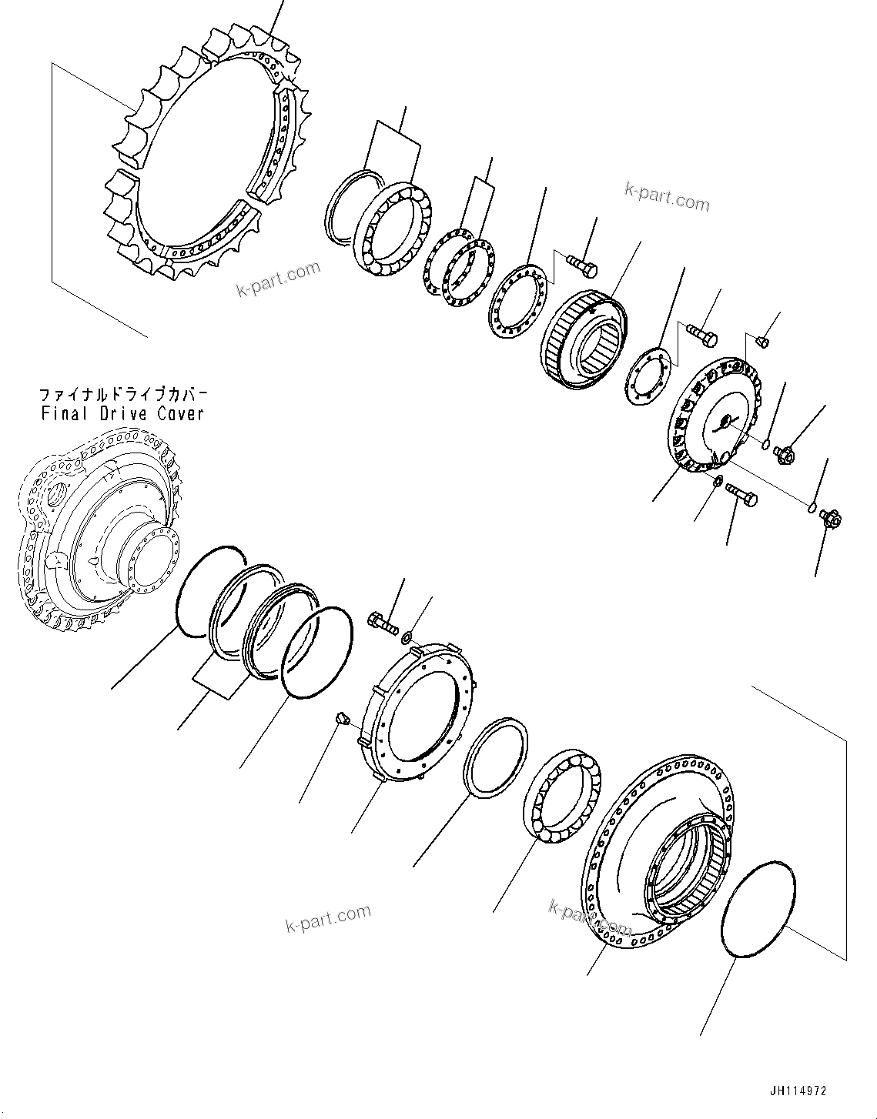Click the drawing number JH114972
point(797,1091)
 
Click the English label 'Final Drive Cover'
point(122,413)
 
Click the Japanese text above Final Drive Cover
point(123,395)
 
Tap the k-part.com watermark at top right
point(667,198)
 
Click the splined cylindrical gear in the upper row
point(586,339)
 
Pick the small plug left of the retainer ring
point(343,719)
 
